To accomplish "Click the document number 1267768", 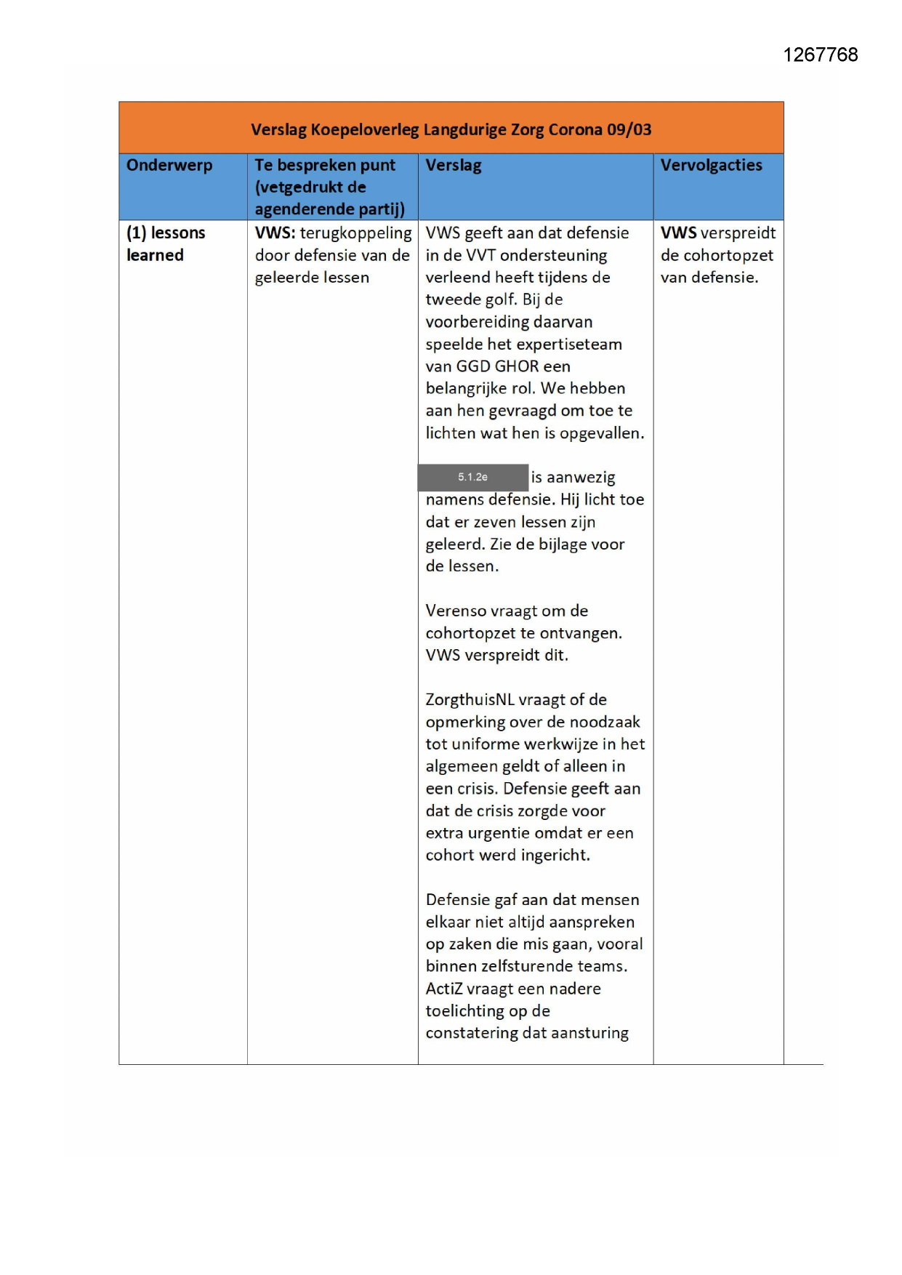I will point(820,55).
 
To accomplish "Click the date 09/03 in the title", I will point(629,129).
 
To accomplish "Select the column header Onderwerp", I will point(169,165).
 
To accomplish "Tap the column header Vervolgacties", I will point(711,165).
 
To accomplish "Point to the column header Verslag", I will point(454,165).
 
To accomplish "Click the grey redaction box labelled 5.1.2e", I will point(472,478).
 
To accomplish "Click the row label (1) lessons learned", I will point(166,244).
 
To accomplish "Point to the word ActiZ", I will point(443,989).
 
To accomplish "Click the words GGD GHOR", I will point(497,366).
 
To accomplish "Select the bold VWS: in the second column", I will point(275,233).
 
